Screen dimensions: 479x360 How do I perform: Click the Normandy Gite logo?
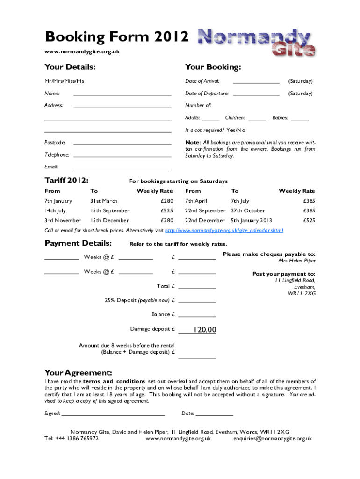(257, 43)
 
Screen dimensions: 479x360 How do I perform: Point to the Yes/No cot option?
(236, 130)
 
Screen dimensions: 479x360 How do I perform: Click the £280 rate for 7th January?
(166, 201)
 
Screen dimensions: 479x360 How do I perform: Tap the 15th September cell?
(110, 211)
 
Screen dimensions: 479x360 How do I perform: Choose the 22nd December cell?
(205, 220)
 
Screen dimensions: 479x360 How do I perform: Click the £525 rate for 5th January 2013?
(309, 220)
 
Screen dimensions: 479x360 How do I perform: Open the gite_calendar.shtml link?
(224, 231)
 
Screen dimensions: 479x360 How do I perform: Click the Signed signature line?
(113, 414)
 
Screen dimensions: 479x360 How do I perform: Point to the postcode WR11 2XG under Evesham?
(302, 294)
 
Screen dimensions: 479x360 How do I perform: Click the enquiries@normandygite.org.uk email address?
(273, 439)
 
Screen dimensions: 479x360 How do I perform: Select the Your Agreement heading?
(78, 373)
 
